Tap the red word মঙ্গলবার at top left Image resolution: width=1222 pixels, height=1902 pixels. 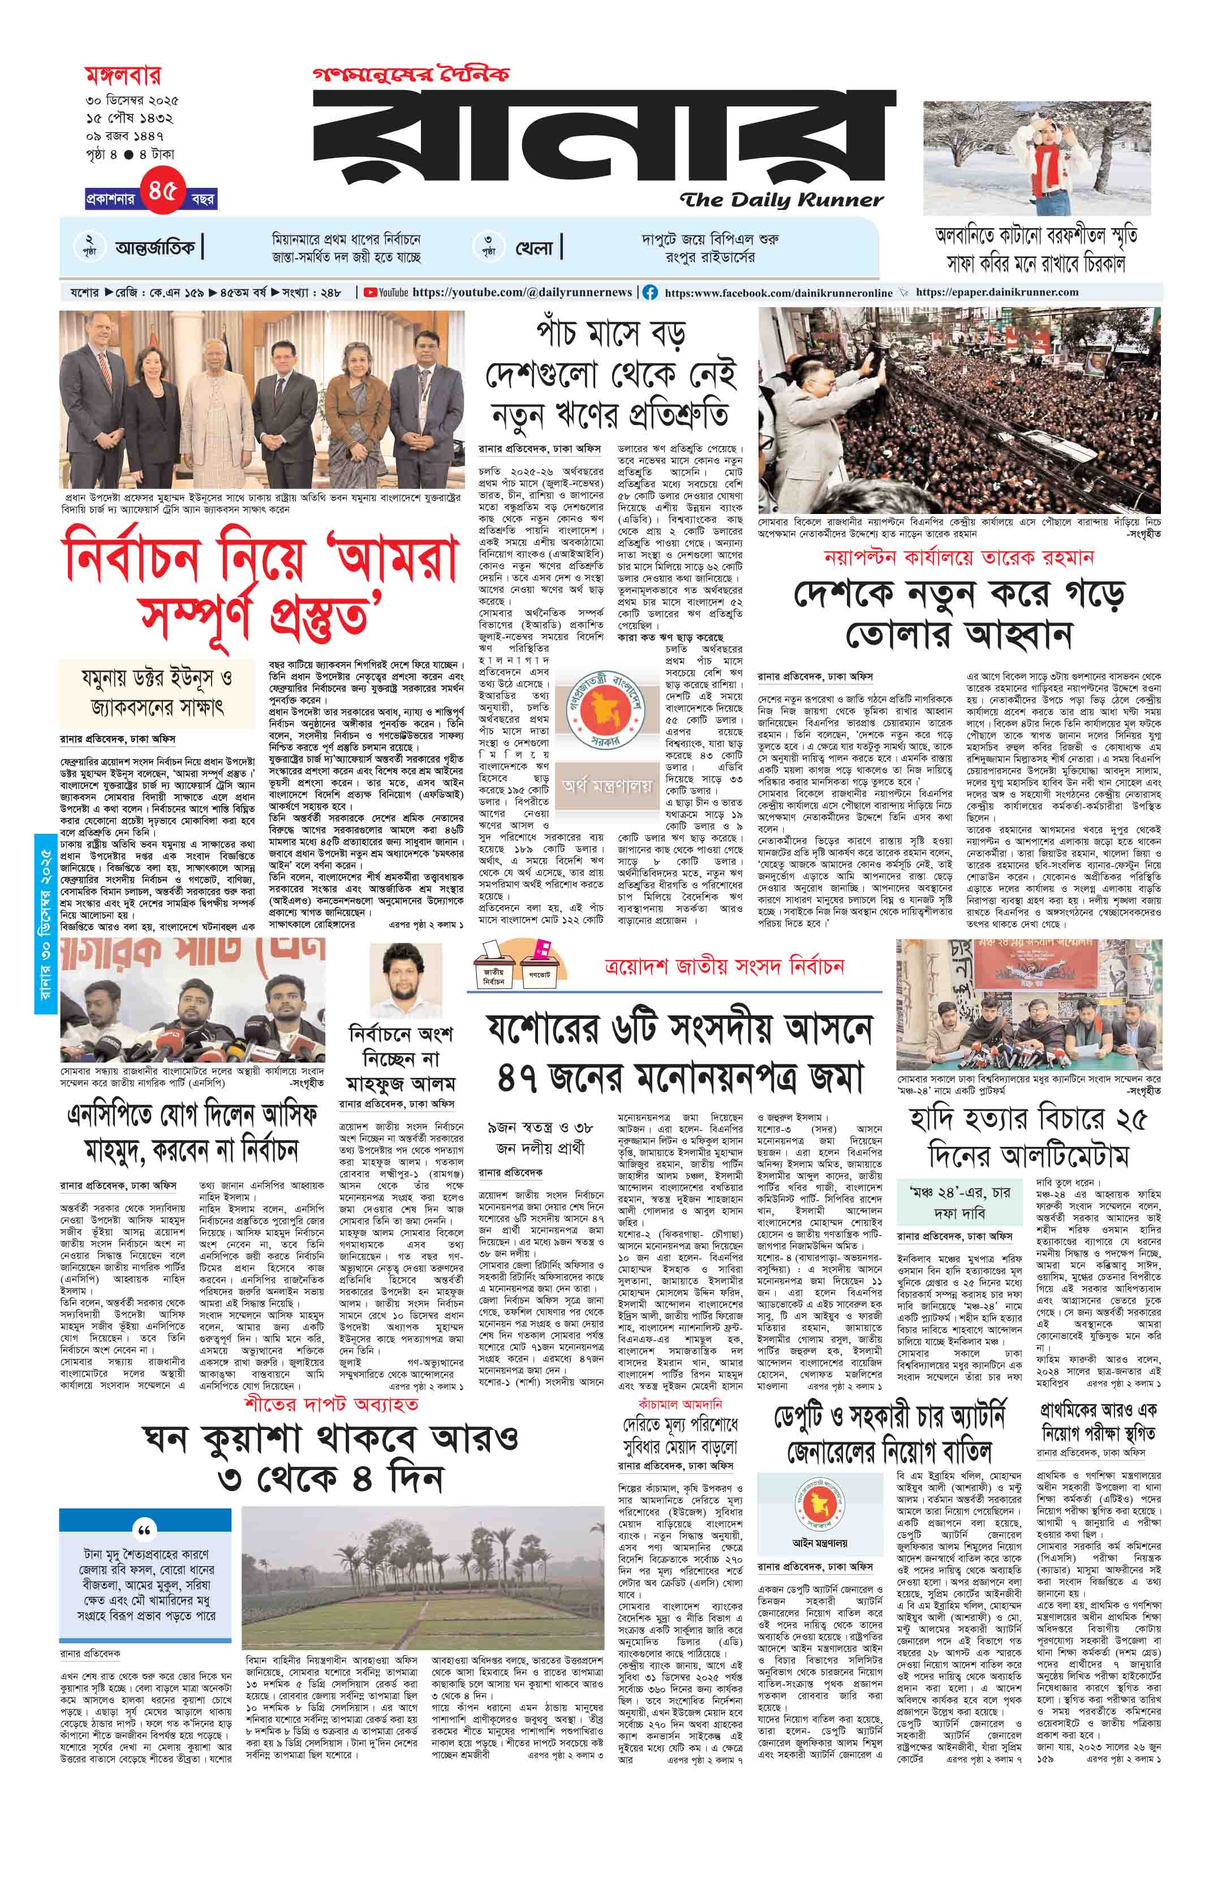(x=123, y=76)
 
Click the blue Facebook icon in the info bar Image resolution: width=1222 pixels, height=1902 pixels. (x=650, y=293)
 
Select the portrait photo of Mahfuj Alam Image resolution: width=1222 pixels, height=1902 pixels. (x=406, y=980)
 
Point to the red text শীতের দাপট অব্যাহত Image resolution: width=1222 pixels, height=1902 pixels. (x=331, y=1404)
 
